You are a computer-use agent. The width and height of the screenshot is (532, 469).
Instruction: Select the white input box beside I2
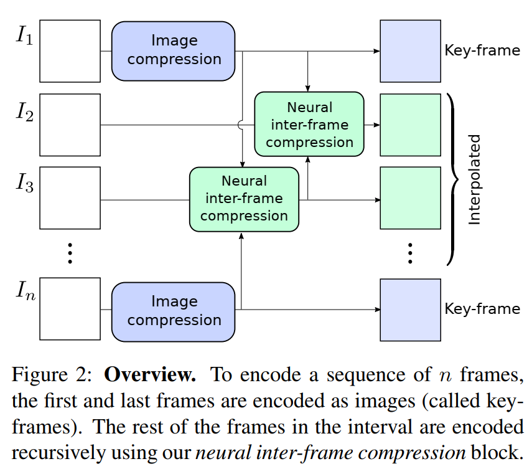(x=70, y=125)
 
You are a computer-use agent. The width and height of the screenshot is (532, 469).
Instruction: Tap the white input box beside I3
(x=70, y=198)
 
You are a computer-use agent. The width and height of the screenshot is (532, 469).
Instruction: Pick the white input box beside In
(x=70, y=309)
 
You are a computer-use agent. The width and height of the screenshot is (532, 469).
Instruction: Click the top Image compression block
(x=174, y=50)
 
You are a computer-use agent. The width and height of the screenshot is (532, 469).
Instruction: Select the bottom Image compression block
(x=174, y=311)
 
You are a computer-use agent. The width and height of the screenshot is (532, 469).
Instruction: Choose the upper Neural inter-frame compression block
(x=309, y=125)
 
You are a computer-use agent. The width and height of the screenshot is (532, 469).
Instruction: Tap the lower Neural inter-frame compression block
(x=244, y=199)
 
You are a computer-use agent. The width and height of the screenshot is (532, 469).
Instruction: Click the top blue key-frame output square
(x=410, y=51)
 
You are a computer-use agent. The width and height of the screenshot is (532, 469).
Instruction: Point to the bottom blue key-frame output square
(x=410, y=310)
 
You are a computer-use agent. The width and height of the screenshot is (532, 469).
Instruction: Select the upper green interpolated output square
(x=410, y=125)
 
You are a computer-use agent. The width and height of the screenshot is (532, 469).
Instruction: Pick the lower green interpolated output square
(x=410, y=198)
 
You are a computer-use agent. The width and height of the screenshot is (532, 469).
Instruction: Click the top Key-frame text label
(x=482, y=50)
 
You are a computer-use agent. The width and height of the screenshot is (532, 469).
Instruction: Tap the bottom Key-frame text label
(x=482, y=309)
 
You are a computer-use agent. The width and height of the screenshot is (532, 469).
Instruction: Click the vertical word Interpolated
(x=475, y=179)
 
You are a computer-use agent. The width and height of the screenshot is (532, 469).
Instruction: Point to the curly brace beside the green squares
(x=452, y=179)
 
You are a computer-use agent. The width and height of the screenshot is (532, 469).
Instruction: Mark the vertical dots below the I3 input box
(x=70, y=253)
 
